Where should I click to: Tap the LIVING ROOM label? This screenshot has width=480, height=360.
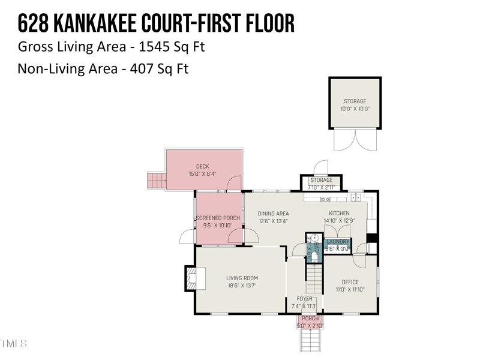242,278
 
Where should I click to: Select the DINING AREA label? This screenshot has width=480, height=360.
273,214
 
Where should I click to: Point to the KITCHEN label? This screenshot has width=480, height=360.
339,214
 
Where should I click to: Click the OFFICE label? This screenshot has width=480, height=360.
350,282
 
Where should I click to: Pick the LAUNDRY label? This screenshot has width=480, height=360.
338,242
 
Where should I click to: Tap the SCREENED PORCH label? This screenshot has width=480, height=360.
218,218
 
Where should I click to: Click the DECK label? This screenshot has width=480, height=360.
202,167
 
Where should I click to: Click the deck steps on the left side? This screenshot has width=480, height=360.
157,179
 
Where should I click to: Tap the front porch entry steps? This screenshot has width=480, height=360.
310,340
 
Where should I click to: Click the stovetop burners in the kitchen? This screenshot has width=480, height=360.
326,199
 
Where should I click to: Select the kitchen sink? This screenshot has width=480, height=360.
355,197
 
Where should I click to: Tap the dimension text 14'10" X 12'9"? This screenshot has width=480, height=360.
339,221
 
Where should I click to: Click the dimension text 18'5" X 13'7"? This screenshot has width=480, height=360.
242,286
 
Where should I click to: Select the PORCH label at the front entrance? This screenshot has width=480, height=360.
310,319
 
